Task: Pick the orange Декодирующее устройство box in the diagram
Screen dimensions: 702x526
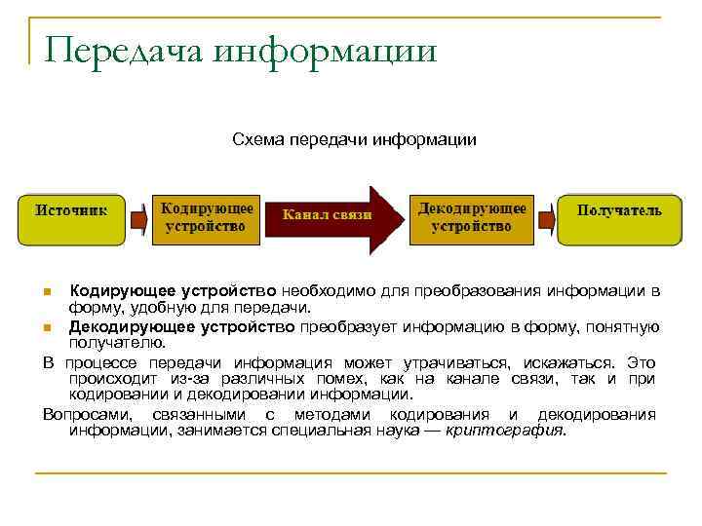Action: click(x=473, y=218)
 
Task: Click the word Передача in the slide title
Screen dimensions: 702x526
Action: click(x=123, y=52)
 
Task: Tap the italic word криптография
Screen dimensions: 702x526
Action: click(x=504, y=431)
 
